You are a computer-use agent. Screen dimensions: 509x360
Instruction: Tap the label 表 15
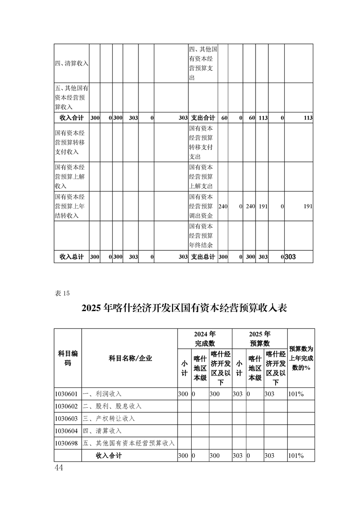(62, 293)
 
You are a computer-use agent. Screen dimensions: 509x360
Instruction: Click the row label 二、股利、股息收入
(113, 406)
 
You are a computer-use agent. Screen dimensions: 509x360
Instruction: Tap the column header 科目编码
(68, 358)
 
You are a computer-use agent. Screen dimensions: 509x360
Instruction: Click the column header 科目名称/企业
(130, 358)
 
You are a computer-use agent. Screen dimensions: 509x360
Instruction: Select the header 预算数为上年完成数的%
(301, 358)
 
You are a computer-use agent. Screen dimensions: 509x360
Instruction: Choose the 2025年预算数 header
(260, 338)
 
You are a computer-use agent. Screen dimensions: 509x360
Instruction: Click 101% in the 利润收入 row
(296, 394)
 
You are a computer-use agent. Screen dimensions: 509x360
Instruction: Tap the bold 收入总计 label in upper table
(72, 256)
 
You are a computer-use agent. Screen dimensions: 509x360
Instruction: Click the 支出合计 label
(202, 117)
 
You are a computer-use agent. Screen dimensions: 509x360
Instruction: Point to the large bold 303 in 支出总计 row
(290, 257)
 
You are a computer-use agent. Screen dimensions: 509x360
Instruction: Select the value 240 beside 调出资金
(223, 206)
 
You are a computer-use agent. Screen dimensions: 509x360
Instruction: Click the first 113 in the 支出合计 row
(263, 117)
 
